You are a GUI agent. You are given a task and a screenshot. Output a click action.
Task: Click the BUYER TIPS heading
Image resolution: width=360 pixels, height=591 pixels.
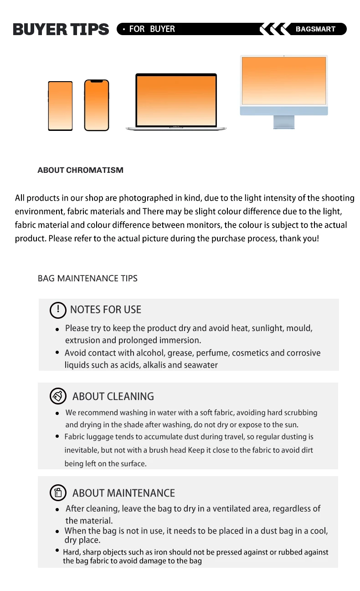[61, 30]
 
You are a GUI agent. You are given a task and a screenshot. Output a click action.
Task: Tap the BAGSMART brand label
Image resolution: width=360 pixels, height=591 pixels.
[315, 29]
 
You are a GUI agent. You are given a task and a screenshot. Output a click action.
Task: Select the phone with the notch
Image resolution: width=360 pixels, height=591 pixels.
[97, 105]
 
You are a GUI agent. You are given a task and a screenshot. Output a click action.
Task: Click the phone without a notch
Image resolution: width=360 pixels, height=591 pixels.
[60, 106]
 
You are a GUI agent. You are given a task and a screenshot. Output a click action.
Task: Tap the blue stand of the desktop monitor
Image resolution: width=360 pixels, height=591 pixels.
[283, 122]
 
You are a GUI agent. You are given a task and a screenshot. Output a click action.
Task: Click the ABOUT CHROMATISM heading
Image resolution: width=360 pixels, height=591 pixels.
[80, 170]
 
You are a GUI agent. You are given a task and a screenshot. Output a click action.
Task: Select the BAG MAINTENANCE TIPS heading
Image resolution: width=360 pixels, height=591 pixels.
[87, 278]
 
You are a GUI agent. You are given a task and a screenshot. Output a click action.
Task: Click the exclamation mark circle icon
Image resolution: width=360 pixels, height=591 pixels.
[58, 310]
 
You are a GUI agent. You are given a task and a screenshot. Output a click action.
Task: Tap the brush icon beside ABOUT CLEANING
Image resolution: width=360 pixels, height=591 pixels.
[58, 396]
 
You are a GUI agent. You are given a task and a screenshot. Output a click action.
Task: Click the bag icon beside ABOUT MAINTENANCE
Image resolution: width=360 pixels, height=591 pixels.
[58, 493]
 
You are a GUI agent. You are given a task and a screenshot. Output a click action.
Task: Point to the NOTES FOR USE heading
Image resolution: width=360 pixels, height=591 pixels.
[105, 310]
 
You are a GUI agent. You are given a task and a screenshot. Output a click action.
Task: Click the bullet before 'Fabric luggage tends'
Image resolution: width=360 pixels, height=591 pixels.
[57, 436]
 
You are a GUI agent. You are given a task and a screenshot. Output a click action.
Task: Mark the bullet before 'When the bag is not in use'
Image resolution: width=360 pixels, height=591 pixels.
[57, 531]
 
